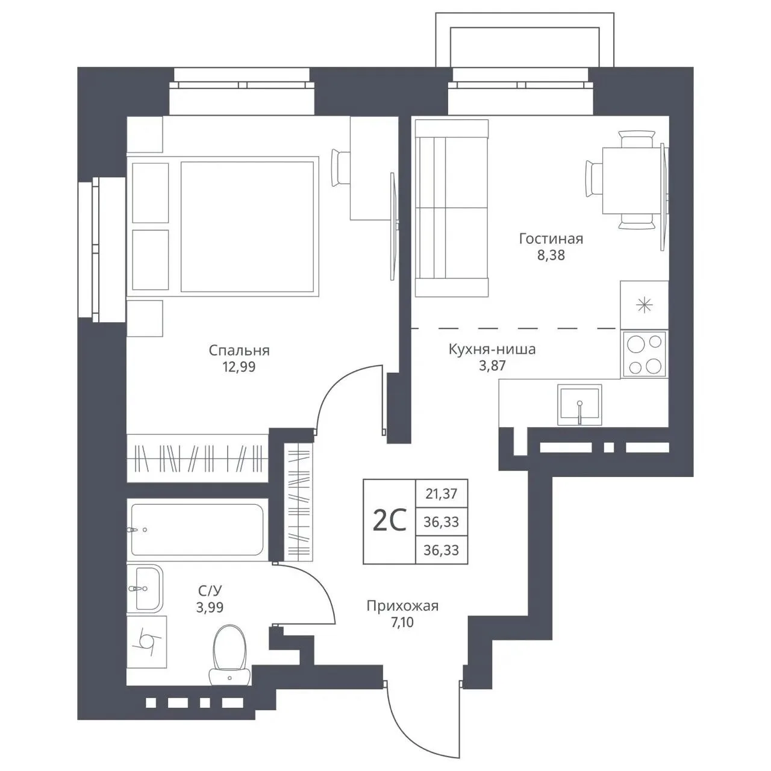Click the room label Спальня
(x=239, y=351)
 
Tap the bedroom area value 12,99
(x=239, y=367)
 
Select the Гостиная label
(x=551, y=239)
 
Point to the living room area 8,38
(x=551, y=255)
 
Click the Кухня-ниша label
(x=492, y=349)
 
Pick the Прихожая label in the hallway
(x=402, y=606)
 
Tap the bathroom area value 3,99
(x=210, y=607)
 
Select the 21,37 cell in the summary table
(x=442, y=494)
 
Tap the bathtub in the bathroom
(x=197, y=529)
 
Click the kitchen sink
(x=579, y=405)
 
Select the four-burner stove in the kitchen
(x=644, y=354)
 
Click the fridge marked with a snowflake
(x=644, y=305)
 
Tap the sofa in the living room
(x=452, y=208)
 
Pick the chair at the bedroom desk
(x=340, y=167)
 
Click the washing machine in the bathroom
(x=146, y=641)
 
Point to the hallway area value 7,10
(x=402, y=623)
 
